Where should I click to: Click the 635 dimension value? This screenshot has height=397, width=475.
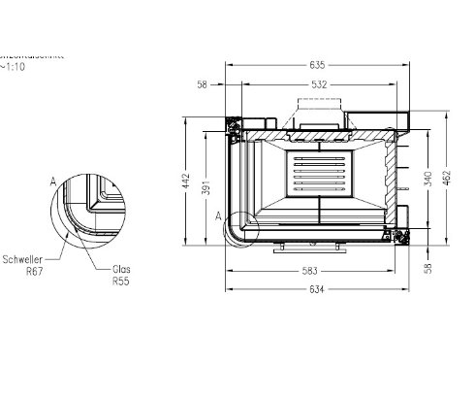(318, 66)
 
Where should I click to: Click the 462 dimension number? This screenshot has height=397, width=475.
(447, 181)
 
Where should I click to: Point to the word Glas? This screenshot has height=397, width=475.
(121, 271)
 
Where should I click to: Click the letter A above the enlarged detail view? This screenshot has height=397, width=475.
(52, 181)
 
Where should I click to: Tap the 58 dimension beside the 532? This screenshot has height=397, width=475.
(203, 85)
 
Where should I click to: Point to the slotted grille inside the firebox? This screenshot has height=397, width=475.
(318, 169)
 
